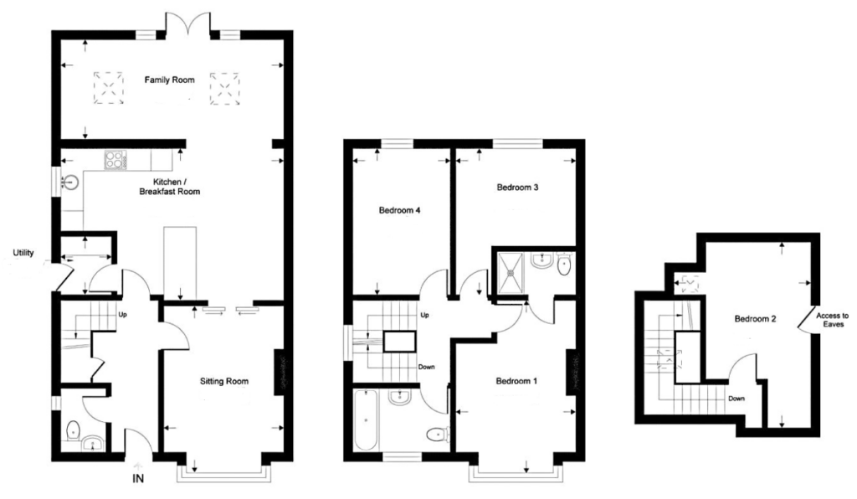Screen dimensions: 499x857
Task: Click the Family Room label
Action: coord(169,80)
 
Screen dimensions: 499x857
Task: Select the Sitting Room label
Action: coord(224,382)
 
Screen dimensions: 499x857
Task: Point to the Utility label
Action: coord(23,253)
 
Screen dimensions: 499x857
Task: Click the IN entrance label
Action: coord(139,481)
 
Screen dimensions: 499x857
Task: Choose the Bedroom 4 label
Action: coord(399,211)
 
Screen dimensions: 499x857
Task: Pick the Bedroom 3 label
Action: coord(517,188)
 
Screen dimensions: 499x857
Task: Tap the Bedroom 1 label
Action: coord(516,382)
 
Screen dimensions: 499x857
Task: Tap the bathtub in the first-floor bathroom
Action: coord(366,418)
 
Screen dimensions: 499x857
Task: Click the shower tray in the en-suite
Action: coord(511,268)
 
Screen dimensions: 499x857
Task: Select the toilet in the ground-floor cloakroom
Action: coord(73,432)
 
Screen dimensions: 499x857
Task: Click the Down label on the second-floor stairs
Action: coord(736,399)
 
